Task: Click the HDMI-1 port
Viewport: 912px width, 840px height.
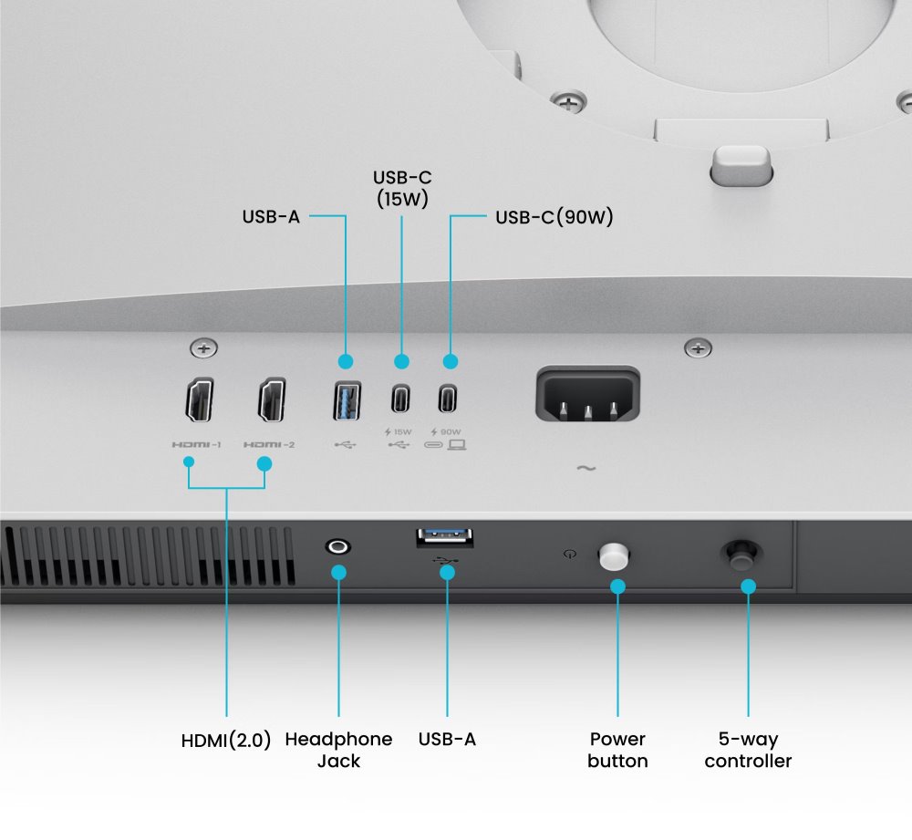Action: click(200, 399)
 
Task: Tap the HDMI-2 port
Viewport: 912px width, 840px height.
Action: click(272, 399)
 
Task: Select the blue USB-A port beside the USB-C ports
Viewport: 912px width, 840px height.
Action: click(347, 400)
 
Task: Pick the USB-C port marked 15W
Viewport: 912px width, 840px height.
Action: click(400, 399)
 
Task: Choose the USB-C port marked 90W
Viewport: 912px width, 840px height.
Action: click(447, 399)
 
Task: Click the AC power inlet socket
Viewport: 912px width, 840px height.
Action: click(587, 394)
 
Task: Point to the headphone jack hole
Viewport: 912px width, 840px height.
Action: click(338, 547)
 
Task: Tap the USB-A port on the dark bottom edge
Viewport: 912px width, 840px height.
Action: click(445, 538)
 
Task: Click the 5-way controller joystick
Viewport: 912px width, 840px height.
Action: click(741, 555)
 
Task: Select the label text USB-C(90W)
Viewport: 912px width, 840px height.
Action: click(554, 217)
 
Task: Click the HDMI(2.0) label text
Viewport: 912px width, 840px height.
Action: click(226, 741)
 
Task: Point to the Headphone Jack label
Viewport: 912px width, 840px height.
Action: click(338, 750)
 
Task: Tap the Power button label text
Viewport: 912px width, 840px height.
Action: click(617, 750)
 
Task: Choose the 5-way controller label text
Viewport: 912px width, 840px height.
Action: click(748, 750)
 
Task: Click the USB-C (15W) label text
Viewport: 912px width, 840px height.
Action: click(402, 189)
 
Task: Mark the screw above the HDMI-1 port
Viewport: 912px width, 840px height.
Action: click(204, 348)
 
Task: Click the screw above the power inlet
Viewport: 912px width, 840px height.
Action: click(698, 348)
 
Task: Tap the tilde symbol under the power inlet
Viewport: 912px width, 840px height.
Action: click(586, 468)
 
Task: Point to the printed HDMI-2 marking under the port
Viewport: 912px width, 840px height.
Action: click(269, 445)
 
